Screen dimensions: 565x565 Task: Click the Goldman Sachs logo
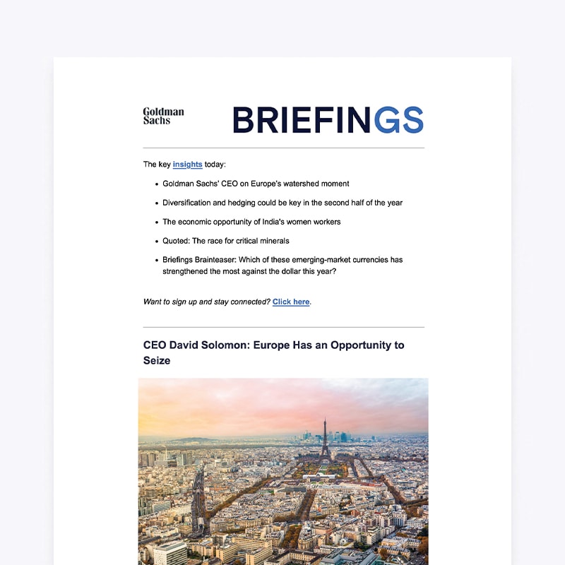(163, 116)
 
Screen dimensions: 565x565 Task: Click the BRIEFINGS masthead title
(328, 120)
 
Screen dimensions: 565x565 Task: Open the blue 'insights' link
(187, 165)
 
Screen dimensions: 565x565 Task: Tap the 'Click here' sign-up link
(291, 302)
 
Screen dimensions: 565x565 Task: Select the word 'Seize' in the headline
(157, 361)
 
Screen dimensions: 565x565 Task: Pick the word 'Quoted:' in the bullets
(177, 241)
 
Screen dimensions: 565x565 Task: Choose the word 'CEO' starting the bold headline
(155, 346)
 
